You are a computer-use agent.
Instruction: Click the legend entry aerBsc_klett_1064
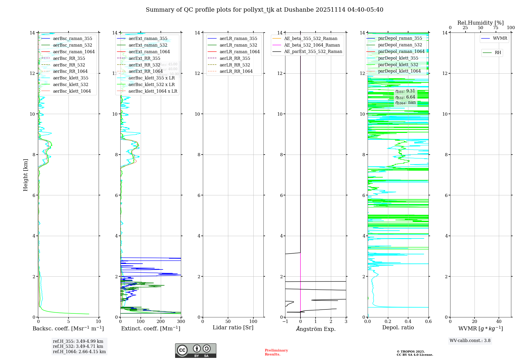pyautogui.click(x=72, y=91)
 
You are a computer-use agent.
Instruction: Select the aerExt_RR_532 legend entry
pyautogui.click(x=144, y=65)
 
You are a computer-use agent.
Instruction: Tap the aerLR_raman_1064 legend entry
pyautogui.click(x=239, y=52)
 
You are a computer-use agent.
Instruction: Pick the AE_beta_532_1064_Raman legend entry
pyautogui.click(x=312, y=45)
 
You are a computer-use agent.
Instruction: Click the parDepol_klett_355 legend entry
pyautogui.click(x=398, y=58)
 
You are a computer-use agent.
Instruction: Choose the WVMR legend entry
pyautogui.click(x=500, y=38)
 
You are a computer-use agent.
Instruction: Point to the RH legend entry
pyautogui.click(x=498, y=53)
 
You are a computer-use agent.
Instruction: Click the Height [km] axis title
pyautogui.click(x=25, y=175)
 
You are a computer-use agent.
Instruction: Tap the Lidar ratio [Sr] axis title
pyautogui.click(x=233, y=328)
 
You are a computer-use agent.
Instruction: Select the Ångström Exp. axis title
pyautogui.click(x=316, y=329)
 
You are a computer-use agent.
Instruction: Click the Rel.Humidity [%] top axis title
pyautogui.click(x=480, y=23)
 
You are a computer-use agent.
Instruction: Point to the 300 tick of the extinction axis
pyautogui.click(x=181, y=322)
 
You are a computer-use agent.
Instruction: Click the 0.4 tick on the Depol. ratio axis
pyautogui.click(x=408, y=322)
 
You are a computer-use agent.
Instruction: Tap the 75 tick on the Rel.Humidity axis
pyautogui.click(x=496, y=28)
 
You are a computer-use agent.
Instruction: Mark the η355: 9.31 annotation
pyautogui.click(x=405, y=91)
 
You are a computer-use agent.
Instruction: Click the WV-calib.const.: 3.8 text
pyautogui.click(x=470, y=341)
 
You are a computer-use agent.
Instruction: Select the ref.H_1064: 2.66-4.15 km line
pyautogui.click(x=79, y=352)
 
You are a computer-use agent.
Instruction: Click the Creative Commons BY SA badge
pyautogui.click(x=195, y=351)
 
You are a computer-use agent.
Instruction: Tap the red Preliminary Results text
pyautogui.click(x=276, y=352)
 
